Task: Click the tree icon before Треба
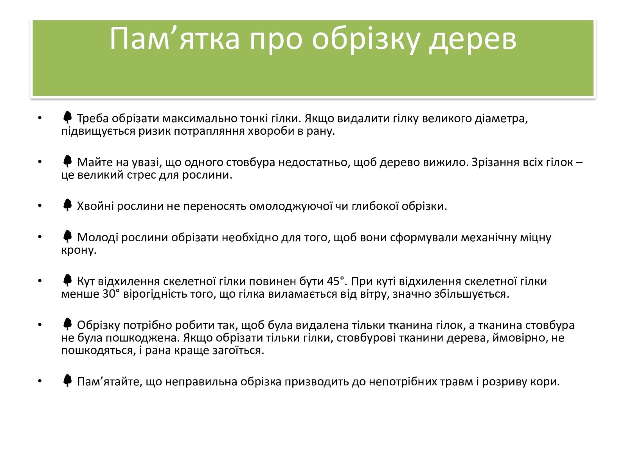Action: [68, 117]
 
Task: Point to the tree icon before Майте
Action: [68, 161]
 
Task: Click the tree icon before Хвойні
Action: [68, 205]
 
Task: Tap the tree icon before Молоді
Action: [68, 236]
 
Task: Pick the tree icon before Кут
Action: [68, 280]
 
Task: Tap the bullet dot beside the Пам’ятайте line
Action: [40, 381]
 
